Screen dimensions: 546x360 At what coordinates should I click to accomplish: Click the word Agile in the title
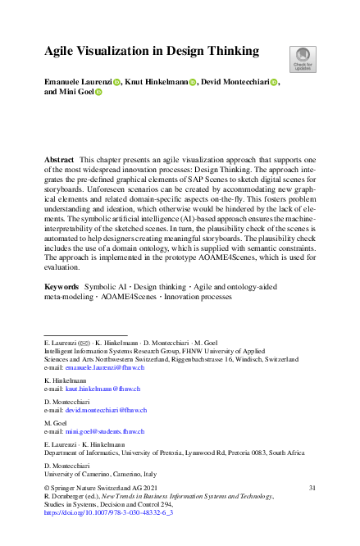tap(63, 51)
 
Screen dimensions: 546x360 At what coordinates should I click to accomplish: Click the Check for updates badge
tap(300, 58)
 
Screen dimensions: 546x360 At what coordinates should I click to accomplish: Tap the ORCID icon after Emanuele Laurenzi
tap(116, 82)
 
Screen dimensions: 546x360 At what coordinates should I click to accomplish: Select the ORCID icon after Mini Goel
tap(98, 93)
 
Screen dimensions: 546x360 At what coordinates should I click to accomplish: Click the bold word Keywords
tap(62, 287)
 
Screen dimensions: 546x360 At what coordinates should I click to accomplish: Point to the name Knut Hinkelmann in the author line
tap(157, 82)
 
